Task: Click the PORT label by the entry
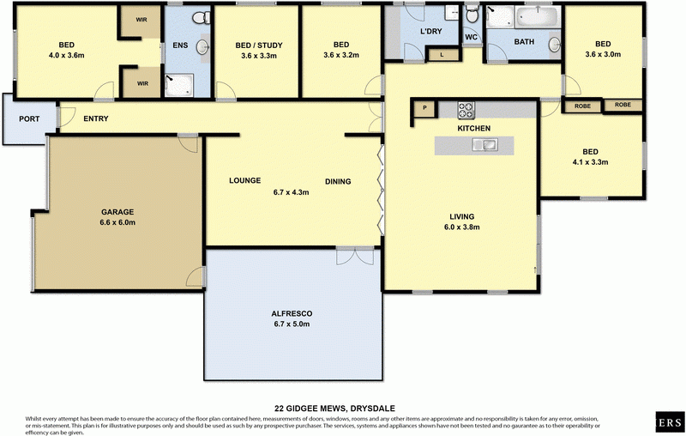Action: click(28, 118)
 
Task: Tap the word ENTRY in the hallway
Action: click(95, 118)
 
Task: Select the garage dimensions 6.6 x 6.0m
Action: click(118, 222)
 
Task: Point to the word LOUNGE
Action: click(244, 181)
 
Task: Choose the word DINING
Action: click(338, 181)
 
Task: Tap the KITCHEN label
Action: click(473, 128)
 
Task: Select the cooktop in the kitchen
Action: click(466, 109)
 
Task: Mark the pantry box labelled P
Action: click(424, 109)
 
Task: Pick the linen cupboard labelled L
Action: click(442, 55)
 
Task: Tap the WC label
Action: click(471, 38)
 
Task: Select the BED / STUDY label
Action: click(259, 45)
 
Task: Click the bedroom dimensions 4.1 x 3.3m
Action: click(590, 161)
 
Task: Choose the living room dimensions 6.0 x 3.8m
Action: click(460, 227)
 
